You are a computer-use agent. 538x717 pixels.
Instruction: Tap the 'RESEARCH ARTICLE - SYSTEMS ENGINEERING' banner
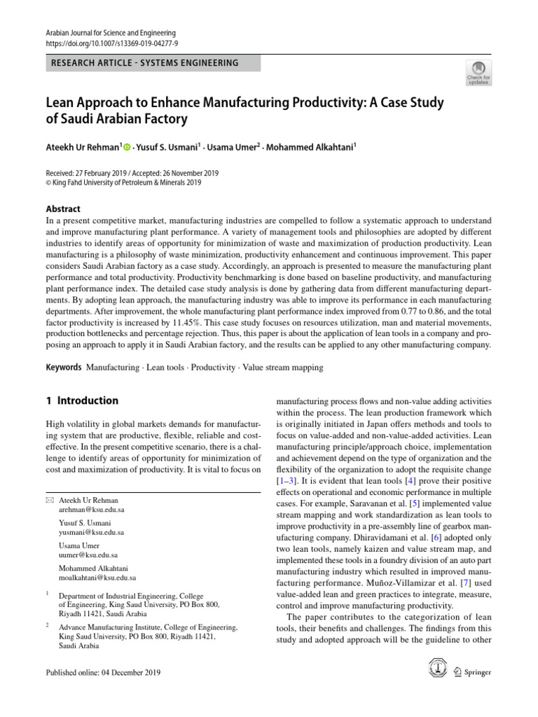point(145,63)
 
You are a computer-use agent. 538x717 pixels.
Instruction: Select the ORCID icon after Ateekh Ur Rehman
point(127,147)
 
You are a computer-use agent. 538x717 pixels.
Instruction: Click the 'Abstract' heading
point(62,209)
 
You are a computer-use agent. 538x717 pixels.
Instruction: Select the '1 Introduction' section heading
point(81,401)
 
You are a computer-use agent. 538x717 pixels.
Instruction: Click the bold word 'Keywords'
point(62,367)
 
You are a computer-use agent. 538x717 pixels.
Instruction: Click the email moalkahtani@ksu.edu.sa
point(97,578)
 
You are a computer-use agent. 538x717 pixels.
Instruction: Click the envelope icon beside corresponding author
point(49,501)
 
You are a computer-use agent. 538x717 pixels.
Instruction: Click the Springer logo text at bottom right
point(477,672)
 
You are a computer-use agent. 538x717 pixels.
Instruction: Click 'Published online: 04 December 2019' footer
point(103,673)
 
